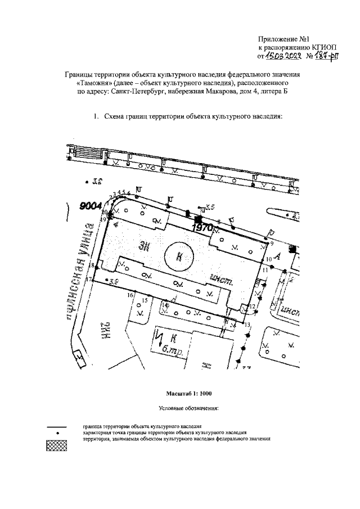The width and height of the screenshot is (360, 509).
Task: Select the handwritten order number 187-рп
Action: pyautogui.click(x=327, y=57)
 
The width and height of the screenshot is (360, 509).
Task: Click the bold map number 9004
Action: pyautogui.click(x=90, y=207)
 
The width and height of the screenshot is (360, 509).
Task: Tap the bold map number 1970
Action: pyautogui.click(x=202, y=228)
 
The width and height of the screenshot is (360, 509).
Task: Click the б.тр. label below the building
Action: pyautogui.click(x=166, y=353)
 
